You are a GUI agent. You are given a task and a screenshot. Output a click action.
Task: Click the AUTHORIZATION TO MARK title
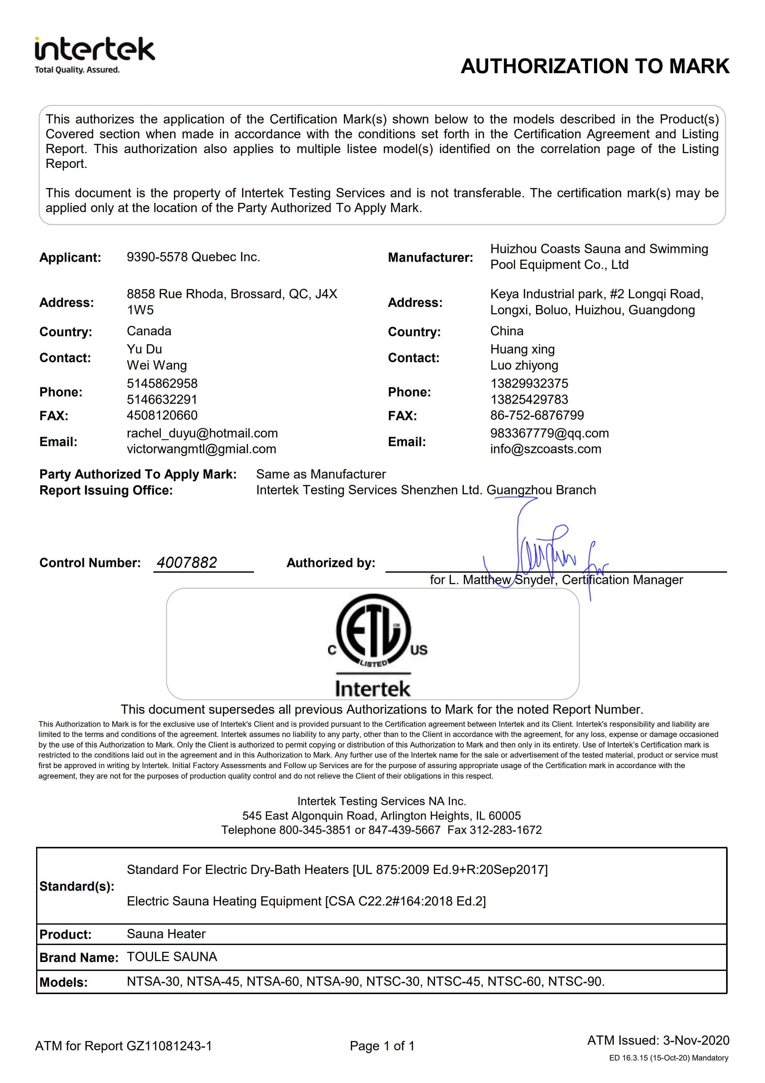click(595, 66)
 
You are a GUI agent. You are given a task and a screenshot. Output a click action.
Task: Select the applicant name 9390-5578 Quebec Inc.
click(193, 257)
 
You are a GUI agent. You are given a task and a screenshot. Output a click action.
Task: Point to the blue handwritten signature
click(547, 552)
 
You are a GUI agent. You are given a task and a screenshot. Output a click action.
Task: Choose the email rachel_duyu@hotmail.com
click(202, 433)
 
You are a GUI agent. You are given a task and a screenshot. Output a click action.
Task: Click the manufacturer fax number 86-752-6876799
click(537, 415)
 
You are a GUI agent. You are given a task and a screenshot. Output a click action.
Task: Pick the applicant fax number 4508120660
click(162, 415)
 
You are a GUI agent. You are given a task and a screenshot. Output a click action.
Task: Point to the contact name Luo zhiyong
click(524, 366)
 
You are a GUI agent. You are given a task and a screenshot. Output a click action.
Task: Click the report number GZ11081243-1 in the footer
click(169, 1046)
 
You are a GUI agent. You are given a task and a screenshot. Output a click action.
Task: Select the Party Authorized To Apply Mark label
click(138, 474)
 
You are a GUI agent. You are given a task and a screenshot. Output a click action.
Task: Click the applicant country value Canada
click(149, 331)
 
